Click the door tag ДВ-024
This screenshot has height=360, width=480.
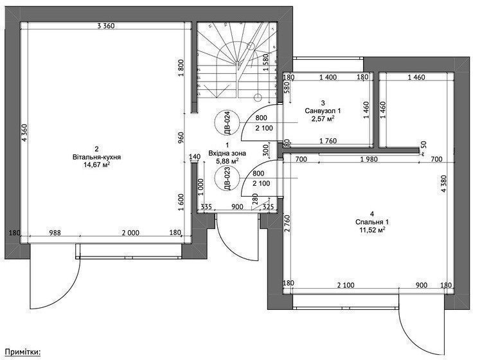(227, 123)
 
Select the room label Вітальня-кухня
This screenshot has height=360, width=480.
(97, 157)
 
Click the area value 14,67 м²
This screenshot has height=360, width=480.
(97, 165)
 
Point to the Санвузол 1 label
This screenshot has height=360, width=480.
(323, 111)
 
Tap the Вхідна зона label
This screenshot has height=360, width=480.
(227, 152)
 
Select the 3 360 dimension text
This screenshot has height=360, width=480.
(106, 26)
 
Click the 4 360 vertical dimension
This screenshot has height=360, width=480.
(25, 132)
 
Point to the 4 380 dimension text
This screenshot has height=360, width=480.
(443, 184)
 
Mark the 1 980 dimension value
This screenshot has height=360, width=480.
(369, 159)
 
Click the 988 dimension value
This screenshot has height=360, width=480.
(55, 233)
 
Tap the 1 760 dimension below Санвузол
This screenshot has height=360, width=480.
(328, 141)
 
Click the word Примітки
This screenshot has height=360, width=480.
(22, 352)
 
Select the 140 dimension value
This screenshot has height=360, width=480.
(195, 157)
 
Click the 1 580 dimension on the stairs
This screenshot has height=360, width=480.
(265, 63)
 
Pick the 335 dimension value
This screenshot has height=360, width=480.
(206, 207)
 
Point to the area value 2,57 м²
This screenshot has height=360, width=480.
(323, 118)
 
